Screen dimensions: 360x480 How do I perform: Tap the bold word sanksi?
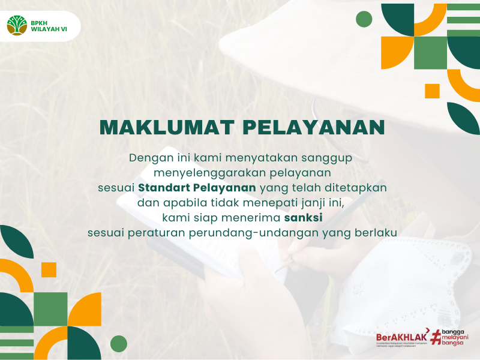(x=308, y=217)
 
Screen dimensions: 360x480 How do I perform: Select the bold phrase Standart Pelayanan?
(x=197, y=187)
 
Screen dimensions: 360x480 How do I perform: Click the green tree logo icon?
(x=17, y=26)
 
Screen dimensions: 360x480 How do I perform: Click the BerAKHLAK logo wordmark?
(x=401, y=337)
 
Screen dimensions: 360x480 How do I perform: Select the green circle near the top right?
(x=364, y=19)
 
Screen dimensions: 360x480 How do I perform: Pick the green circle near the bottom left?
(x=119, y=344)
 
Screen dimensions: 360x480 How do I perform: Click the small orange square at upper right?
(x=432, y=91)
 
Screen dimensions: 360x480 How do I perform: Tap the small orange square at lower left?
(x=49, y=269)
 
